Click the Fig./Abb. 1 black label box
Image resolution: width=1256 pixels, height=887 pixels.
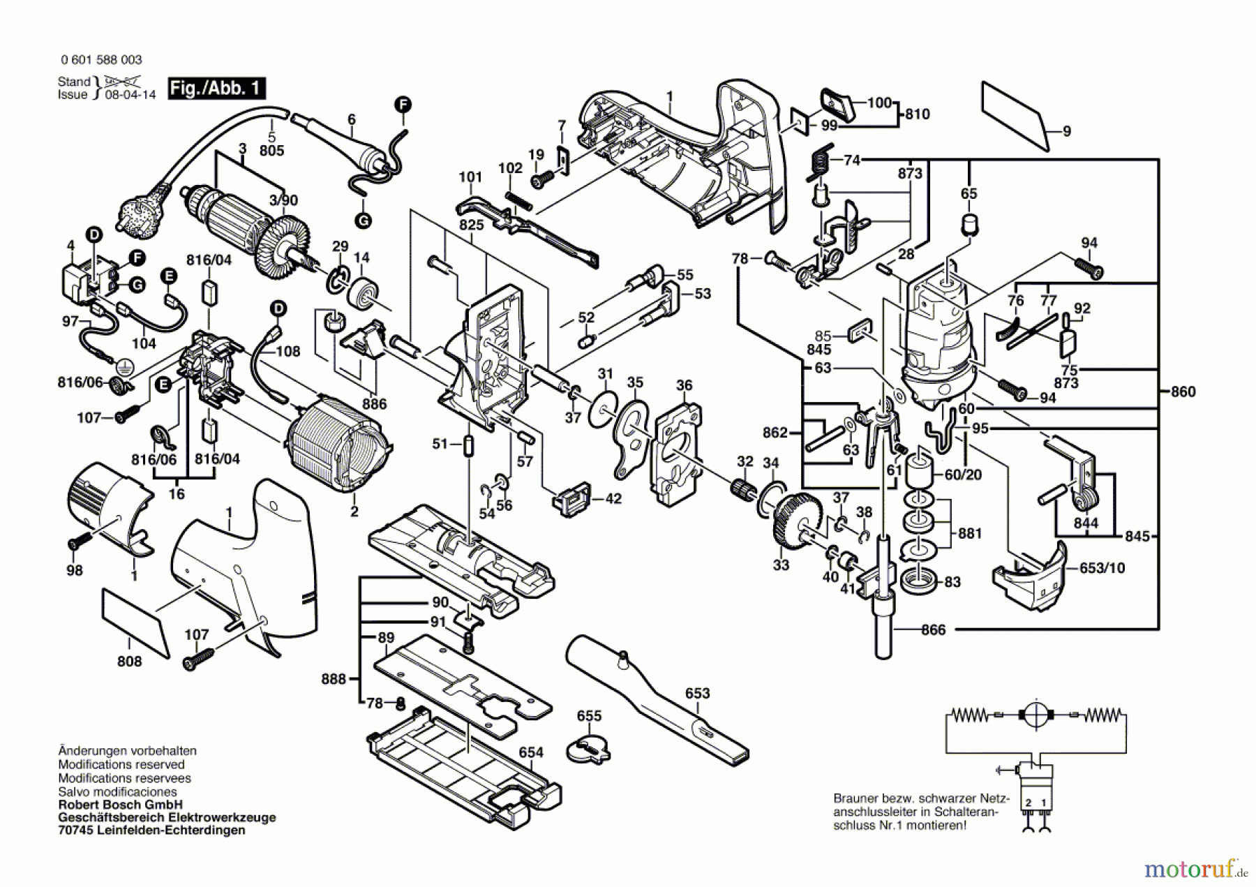(x=216, y=89)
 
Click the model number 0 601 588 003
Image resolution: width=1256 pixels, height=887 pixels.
(x=101, y=60)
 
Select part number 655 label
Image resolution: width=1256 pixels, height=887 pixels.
(x=589, y=716)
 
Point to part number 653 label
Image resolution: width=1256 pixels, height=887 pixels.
(x=697, y=693)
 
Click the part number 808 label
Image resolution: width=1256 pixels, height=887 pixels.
(x=130, y=661)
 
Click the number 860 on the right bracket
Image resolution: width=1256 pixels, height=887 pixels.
(x=1183, y=392)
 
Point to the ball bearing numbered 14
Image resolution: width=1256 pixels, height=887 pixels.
(x=364, y=292)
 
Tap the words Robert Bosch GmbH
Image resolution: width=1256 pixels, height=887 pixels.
(x=120, y=805)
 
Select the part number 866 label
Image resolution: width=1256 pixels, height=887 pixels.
(x=933, y=630)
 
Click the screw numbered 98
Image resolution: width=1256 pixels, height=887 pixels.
(x=79, y=542)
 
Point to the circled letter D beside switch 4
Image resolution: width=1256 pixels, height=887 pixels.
(x=94, y=234)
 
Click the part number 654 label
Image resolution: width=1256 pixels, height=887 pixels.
(x=531, y=752)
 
